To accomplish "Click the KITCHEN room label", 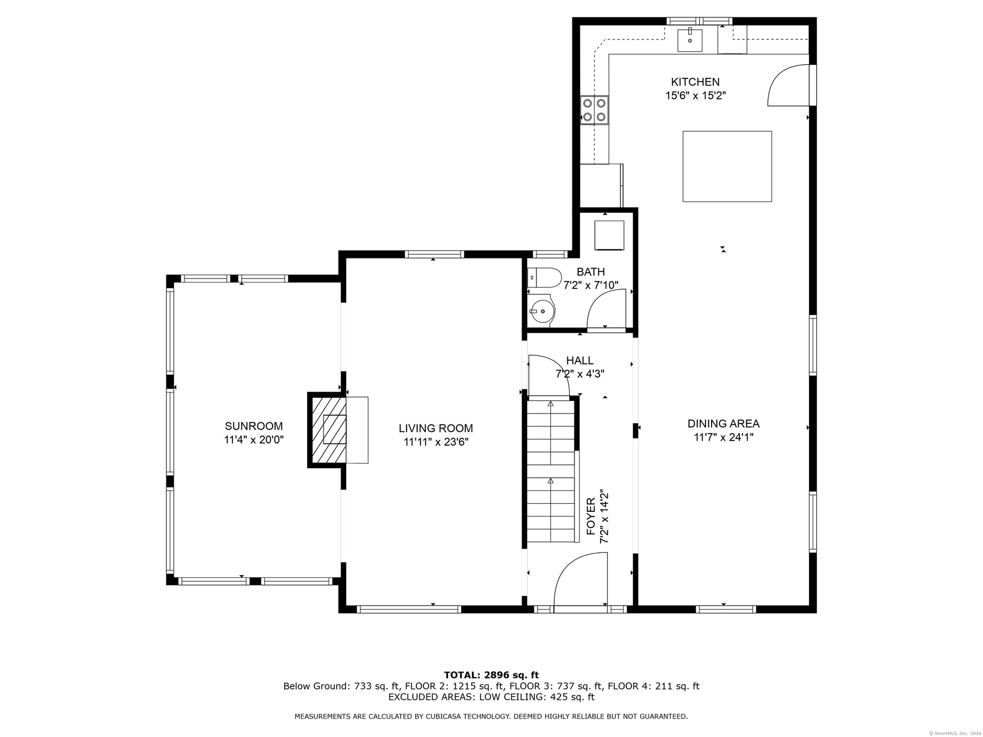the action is click(x=695, y=82).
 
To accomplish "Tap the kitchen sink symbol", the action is click(x=690, y=39).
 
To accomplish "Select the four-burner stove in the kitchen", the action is click(x=594, y=110).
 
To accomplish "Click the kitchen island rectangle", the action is click(x=727, y=166).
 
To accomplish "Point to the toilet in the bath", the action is click(x=544, y=278).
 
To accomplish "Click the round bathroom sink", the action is click(x=542, y=311).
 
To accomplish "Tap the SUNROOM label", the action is click(x=254, y=426).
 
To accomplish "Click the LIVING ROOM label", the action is click(x=436, y=428).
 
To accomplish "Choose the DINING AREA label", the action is click(x=723, y=424).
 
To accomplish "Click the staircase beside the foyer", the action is click(x=551, y=471).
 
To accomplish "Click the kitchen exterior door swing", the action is click(x=788, y=85).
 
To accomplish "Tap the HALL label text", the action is click(x=580, y=361).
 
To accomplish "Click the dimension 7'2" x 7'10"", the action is click(x=591, y=285).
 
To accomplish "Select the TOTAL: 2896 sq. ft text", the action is click(x=491, y=675).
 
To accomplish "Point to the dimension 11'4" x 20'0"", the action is click(x=254, y=440).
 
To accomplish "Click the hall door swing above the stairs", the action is click(x=549, y=375).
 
